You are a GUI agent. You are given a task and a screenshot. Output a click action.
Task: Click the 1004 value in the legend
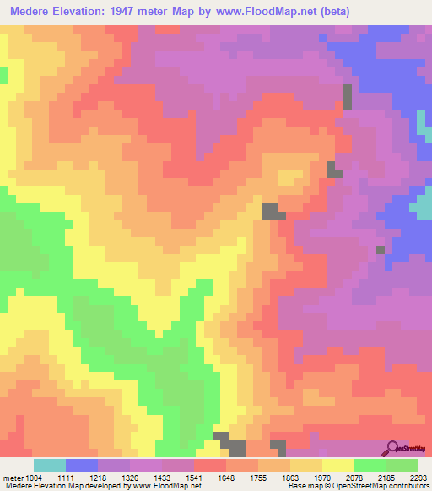pos(33,477)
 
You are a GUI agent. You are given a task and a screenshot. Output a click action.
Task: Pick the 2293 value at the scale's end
pos(418,477)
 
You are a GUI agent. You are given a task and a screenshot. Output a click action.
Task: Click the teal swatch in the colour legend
pos(50,465)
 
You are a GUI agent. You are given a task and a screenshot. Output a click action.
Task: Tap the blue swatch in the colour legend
pos(82,465)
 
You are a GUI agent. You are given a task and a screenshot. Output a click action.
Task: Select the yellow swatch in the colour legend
pos(338,465)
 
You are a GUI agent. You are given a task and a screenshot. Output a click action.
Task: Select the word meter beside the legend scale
pos(13,477)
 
